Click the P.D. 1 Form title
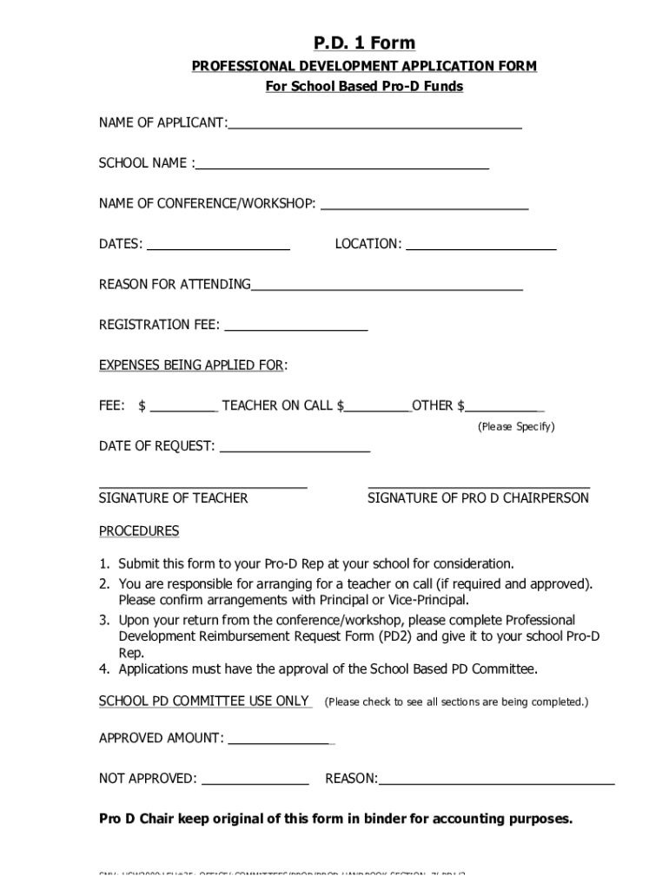(x=364, y=43)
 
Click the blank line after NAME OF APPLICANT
(x=374, y=126)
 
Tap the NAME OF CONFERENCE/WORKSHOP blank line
(x=425, y=207)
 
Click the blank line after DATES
(x=219, y=247)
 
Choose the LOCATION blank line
(x=481, y=247)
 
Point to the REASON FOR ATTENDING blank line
(x=387, y=287)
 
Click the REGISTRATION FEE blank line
(x=295, y=328)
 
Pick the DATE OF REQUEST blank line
(x=295, y=450)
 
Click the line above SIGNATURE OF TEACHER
(x=203, y=488)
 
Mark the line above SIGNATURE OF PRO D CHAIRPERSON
(x=479, y=488)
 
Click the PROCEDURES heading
(x=139, y=530)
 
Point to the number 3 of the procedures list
(x=103, y=620)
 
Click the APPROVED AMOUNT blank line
(x=279, y=742)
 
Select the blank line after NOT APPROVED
(x=255, y=782)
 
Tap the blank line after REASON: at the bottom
(x=496, y=782)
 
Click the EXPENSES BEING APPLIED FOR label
(x=191, y=365)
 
